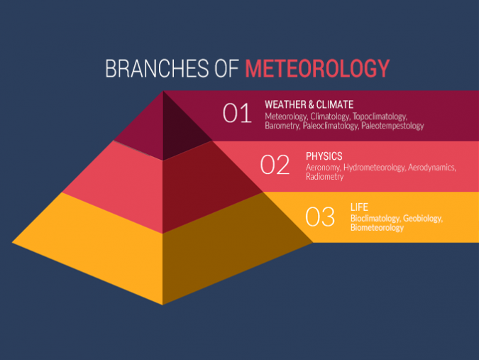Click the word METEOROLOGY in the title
(x=317, y=68)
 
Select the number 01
(x=237, y=114)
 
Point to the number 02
(x=275, y=165)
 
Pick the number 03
(x=320, y=217)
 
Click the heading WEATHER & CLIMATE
(x=309, y=104)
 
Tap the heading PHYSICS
(x=324, y=156)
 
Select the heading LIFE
(x=359, y=207)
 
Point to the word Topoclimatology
(x=380, y=116)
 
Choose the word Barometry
(x=282, y=126)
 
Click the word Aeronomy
(x=323, y=168)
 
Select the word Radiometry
(x=325, y=177)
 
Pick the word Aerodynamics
(x=431, y=168)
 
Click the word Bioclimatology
(x=375, y=219)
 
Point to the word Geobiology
(x=422, y=219)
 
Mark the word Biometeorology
(x=377, y=228)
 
